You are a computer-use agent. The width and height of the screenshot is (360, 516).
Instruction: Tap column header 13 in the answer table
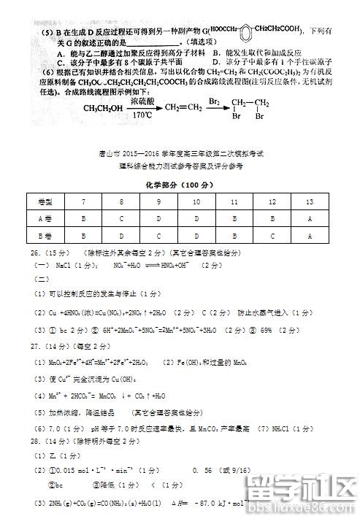[310, 200]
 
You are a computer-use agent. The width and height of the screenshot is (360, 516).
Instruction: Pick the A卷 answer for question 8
[121, 218]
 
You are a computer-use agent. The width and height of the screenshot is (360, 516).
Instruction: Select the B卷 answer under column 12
[272, 236]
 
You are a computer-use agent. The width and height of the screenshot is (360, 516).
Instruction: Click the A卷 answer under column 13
[310, 218]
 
